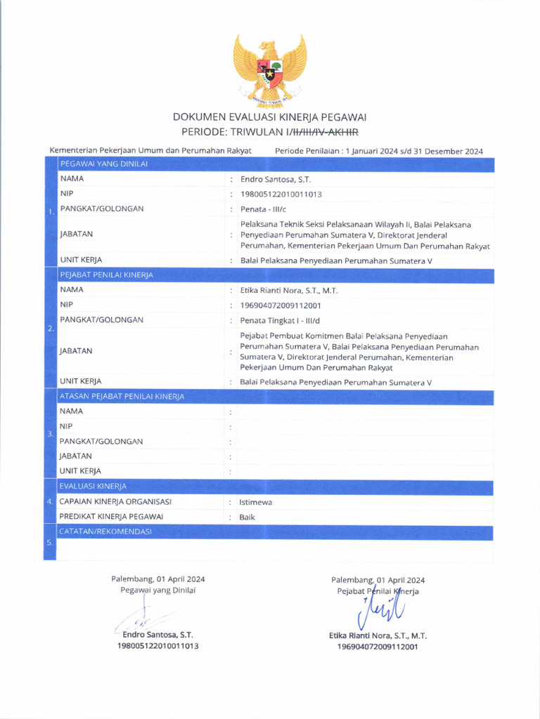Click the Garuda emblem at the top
point(270,68)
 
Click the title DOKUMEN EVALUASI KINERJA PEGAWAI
point(270,117)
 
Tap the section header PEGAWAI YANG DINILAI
point(103,164)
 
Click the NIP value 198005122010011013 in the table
point(281,194)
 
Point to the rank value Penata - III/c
point(264,209)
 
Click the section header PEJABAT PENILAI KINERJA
point(107,275)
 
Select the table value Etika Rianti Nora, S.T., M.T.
point(289,290)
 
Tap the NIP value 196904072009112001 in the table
point(281,305)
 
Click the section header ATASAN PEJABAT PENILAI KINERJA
point(122,397)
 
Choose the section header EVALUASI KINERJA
point(93,486)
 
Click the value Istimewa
point(256,502)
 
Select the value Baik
point(247,517)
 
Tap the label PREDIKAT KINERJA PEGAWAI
point(112,517)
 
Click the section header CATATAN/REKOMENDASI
point(105,532)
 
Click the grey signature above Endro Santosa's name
point(144,618)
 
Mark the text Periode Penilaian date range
point(379,151)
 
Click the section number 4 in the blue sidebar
point(49,502)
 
